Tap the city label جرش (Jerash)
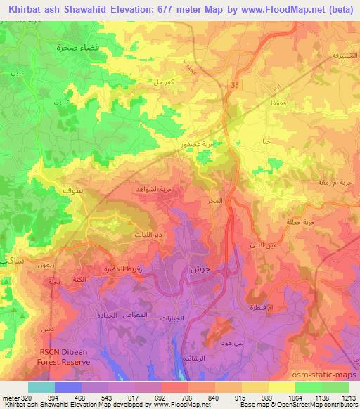pos(200,269)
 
